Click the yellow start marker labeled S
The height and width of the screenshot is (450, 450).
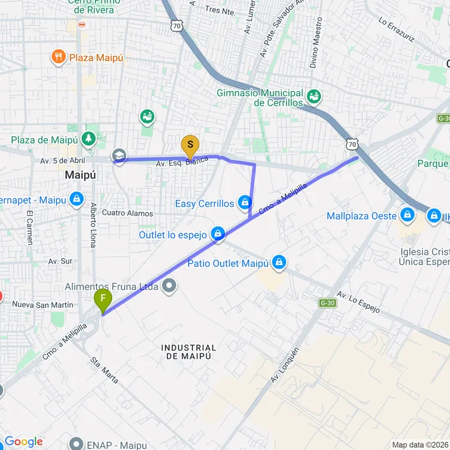(190, 145)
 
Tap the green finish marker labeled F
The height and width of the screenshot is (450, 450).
(103, 298)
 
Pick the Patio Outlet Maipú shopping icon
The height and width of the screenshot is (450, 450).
(278, 262)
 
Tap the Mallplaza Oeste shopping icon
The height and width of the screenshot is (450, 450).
(407, 214)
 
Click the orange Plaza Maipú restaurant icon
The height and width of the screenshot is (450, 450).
(58, 57)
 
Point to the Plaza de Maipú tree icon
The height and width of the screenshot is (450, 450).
(89, 139)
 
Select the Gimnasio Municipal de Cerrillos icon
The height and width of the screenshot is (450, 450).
(313, 96)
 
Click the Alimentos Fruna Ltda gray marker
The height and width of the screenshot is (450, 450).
(170, 286)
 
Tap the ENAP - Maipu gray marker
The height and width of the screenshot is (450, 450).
(76, 444)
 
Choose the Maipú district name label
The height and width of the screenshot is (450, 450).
(80, 175)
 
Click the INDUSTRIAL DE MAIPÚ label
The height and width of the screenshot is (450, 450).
(189, 352)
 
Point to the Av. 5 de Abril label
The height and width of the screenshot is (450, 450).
(63, 161)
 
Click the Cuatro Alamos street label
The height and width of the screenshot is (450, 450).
(127, 213)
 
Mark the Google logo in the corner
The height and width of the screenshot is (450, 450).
(24, 442)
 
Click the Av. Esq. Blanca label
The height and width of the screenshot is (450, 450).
(182, 162)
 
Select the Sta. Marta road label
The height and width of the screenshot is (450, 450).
(104, 370)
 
